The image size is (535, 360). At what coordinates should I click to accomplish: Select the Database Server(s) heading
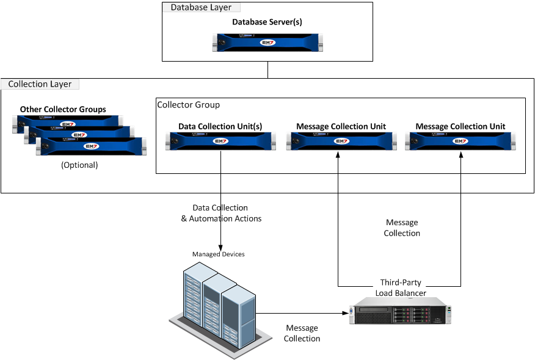(x=267, y=22)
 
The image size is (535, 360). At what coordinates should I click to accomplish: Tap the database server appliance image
(x=267, y=42)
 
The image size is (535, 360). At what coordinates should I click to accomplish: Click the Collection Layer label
(x=40, y=84)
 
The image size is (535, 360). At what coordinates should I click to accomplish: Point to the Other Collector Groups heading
(x=63, y=110)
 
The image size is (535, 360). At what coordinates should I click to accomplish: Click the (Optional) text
(x=79, y=165)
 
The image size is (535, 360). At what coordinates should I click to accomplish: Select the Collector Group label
(x=189, y=105)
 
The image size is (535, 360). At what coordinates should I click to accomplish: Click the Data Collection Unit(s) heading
(x=220, y=127)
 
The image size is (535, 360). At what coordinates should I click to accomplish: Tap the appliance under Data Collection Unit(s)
(x=220, y=142)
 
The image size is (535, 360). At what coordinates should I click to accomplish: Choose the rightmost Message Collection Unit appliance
(x=460, y=142)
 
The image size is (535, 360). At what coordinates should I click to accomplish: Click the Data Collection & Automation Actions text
(x=220, y=214)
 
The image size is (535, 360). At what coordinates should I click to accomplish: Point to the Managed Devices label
(x=218, y=254)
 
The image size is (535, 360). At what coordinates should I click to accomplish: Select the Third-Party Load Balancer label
(x=400, y=288)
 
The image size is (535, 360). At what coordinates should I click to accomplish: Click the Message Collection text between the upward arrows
(x=402, y=228)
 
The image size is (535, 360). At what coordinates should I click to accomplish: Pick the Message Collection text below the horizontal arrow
(x=302, y=334)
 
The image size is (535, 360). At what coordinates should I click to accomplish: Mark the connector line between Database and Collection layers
(x=267, y=70)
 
